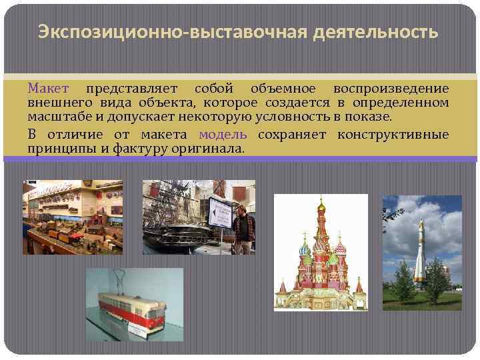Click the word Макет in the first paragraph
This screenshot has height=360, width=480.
[48, 89]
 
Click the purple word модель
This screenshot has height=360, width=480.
[223, 135]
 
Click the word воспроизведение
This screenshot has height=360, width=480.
[391, 89]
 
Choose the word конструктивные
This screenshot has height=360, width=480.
[393, 135]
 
